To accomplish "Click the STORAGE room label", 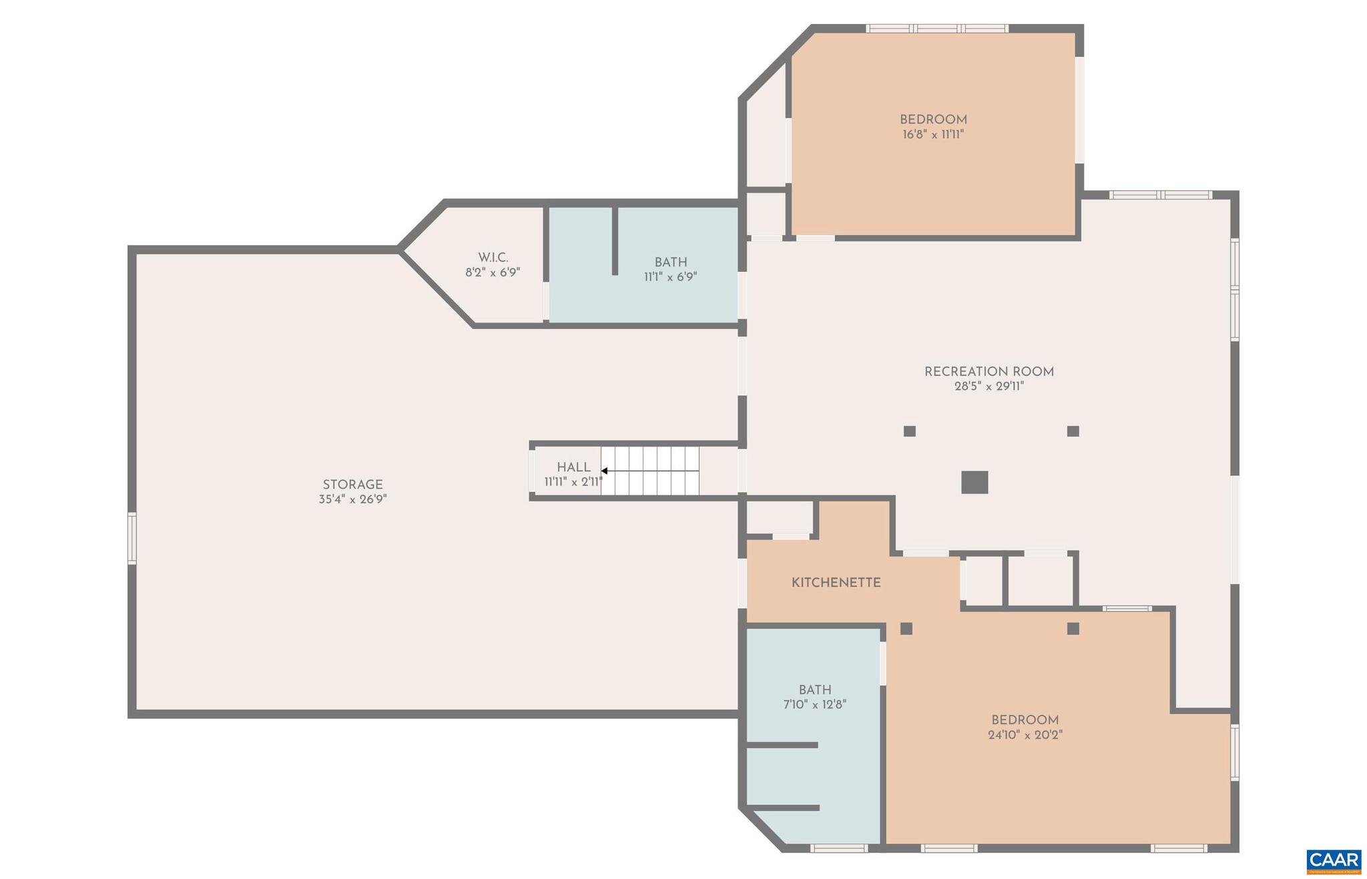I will point(352,485).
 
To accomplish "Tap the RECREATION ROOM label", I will point(989,372).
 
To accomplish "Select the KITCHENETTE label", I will point(836,583).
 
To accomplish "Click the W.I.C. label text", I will point(493,258).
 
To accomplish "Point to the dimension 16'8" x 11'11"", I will point(933,134).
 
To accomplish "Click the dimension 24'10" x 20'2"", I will point(1025,735).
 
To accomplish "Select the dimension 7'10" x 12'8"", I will point(814,704).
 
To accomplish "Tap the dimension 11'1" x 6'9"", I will point(670,277).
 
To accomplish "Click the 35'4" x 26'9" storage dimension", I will point(352,499).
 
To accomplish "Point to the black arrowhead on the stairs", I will point(604,471).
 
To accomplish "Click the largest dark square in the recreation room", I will point(974,482).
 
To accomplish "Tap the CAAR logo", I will point(1333,861).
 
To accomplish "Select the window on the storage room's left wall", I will point(132,538).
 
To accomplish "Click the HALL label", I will point(573,467).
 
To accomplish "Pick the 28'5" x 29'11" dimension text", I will point(989,386).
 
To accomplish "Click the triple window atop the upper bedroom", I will point(936,29).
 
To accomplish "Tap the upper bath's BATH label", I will point(670,262).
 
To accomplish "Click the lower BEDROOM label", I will point(1025,720).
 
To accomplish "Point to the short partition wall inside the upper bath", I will point(615,241).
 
